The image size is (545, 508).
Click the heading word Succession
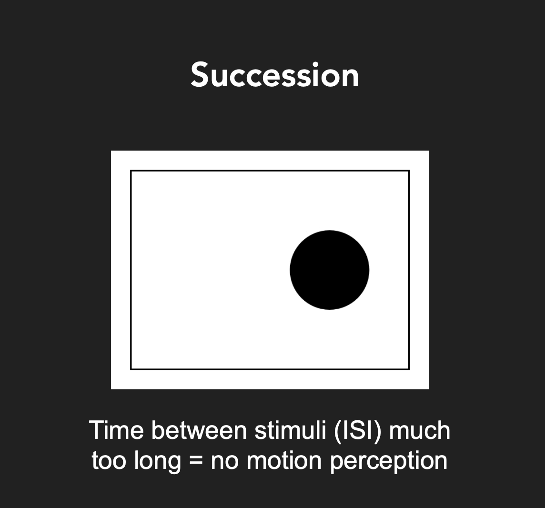(x=274, y=75)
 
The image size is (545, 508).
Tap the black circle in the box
(x=330, y=270)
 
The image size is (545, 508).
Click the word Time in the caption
(x=116, y=430)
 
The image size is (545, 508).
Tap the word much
(x=420, y=430)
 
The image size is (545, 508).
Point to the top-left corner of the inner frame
(x=131, y=171)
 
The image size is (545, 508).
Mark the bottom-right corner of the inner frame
(x=409, y=369)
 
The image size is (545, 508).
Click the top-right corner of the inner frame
(x=409, y=171)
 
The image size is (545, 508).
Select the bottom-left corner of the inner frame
(x=131, y=369)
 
